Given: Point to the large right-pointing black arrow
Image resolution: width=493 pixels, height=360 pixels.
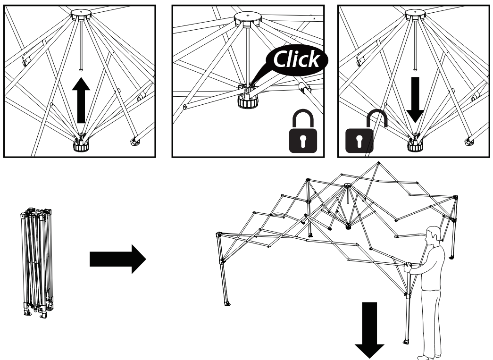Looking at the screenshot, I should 117,259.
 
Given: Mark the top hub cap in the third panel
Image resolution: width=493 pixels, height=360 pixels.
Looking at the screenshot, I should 415,15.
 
